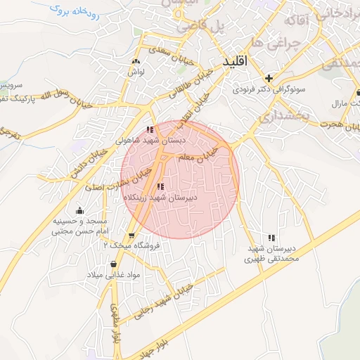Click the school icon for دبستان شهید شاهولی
click(x=150, y=129)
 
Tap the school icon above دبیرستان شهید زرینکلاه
click(x=161, y=187)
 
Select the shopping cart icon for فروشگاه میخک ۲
click(x=131, y=235)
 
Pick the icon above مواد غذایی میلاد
click(x=113, y=264)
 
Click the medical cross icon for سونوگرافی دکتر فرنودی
click(x=268, y=78)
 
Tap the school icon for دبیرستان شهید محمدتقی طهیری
click(x=272, y=238)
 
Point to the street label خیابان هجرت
click(x=338, y=124)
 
